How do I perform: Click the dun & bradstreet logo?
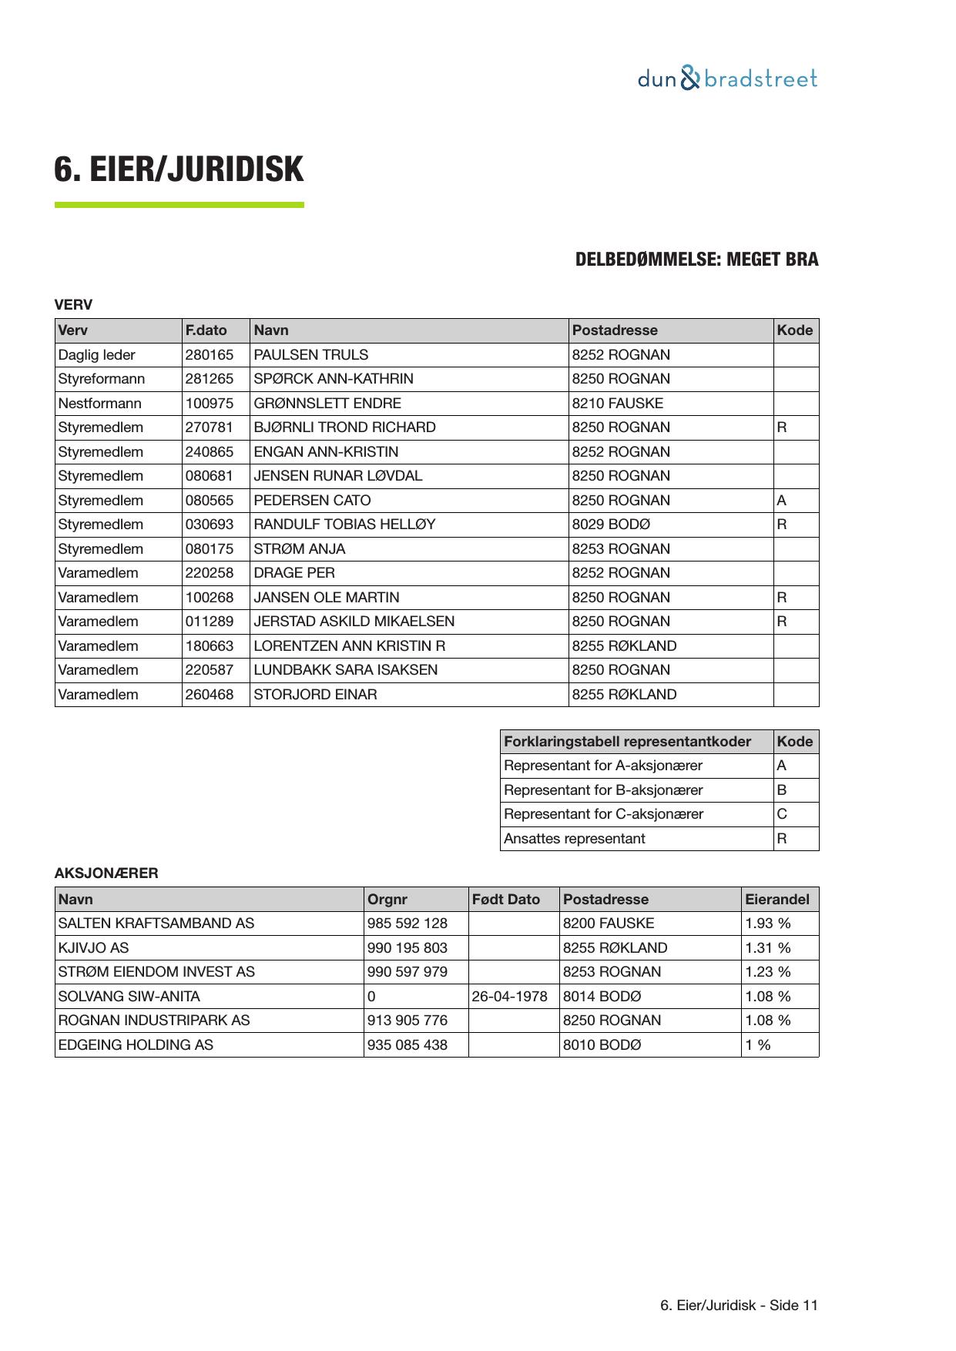(x=726, y=79)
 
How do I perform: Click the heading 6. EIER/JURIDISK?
(x=179, y=169)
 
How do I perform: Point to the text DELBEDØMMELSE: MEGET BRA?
(x=696, y=260)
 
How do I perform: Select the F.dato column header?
(x=206, y=330)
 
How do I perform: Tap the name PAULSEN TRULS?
(x=311, y=355)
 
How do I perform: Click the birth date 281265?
(x=209, y=379)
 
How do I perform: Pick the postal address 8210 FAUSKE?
(x=617, y=404)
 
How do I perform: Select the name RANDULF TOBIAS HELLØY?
(x=344, y=525)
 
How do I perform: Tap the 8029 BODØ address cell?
(x=611, y=525)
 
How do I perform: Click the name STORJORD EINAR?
(x=315, y=695)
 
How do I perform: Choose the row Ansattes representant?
(x=574, y=839)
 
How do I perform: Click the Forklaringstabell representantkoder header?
(x=627, y=742)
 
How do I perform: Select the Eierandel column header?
(x=777, y=900)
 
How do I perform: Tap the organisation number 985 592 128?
(x=407, y=924)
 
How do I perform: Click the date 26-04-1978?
(x=509, y=997)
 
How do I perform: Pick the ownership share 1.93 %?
(x=767, y=924)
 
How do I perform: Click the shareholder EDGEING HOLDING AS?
(x=136, y=1045)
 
